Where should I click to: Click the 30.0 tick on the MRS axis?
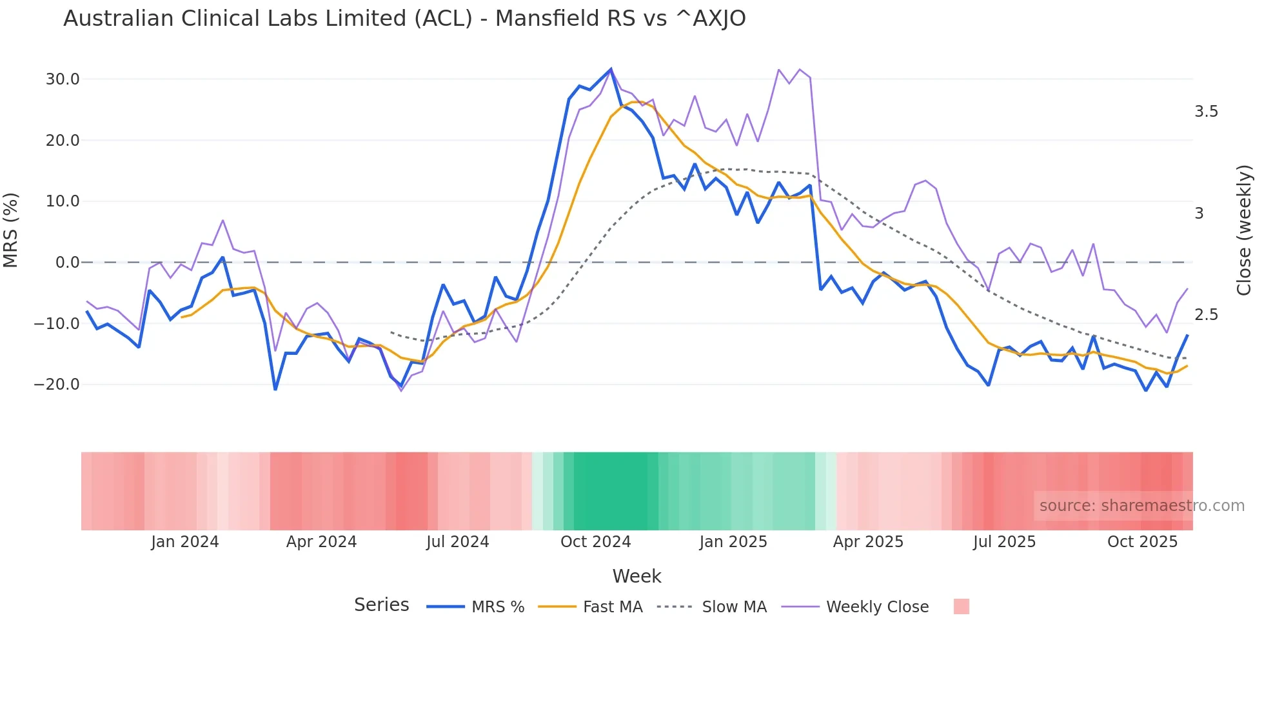[x=62, y=79]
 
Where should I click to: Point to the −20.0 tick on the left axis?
[x=57, y=385]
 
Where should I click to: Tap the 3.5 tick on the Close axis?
[x=1206, y=112]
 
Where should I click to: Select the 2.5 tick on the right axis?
[x=1206, y=315]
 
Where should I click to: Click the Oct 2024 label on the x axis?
[x=595, y=542]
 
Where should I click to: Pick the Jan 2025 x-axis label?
[x=733, y=542]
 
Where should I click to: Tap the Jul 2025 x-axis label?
[x=1004, y=542]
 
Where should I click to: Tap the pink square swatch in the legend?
[x=961, y=606]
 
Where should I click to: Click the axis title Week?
[x=637, y=576]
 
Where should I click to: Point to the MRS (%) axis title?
[x=11, y=230]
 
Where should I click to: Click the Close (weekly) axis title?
[x=1244, y=230]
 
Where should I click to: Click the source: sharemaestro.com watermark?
[x=1141, y=506]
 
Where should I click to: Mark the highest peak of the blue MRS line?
[x=611, y=69]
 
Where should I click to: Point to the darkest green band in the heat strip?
[x=615, y=491]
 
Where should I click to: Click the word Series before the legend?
[x=381, y=605]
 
